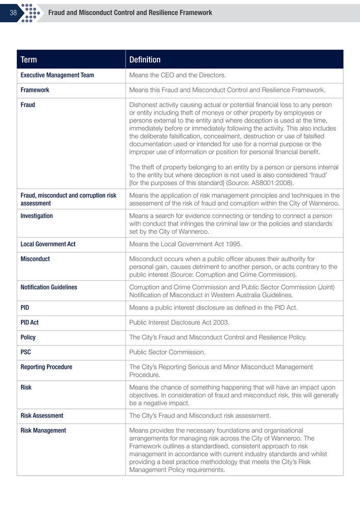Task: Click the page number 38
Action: click(x=13, y=13)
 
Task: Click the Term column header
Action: click(x=29, y=60)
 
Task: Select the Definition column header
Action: click(x=145, y=60)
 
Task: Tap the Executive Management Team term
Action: click(x=57, y=75)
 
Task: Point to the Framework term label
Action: click(x=35, y=90)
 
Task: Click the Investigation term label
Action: click(x=37, y=216)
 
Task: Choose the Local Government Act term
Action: click(x=48, y=244)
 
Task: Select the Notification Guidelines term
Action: click(x=49, y=287)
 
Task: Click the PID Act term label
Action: click(x=30, y=322)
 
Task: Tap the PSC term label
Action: click(x=25, y=352)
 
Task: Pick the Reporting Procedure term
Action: click(x=46, y=367)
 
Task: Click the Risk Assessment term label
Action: click(x=42, y=415)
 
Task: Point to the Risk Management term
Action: click(x=43, y=431)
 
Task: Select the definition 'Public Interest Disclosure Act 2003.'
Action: click(x=179, y=322)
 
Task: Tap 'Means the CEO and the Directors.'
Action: click(x=177, y=75)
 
